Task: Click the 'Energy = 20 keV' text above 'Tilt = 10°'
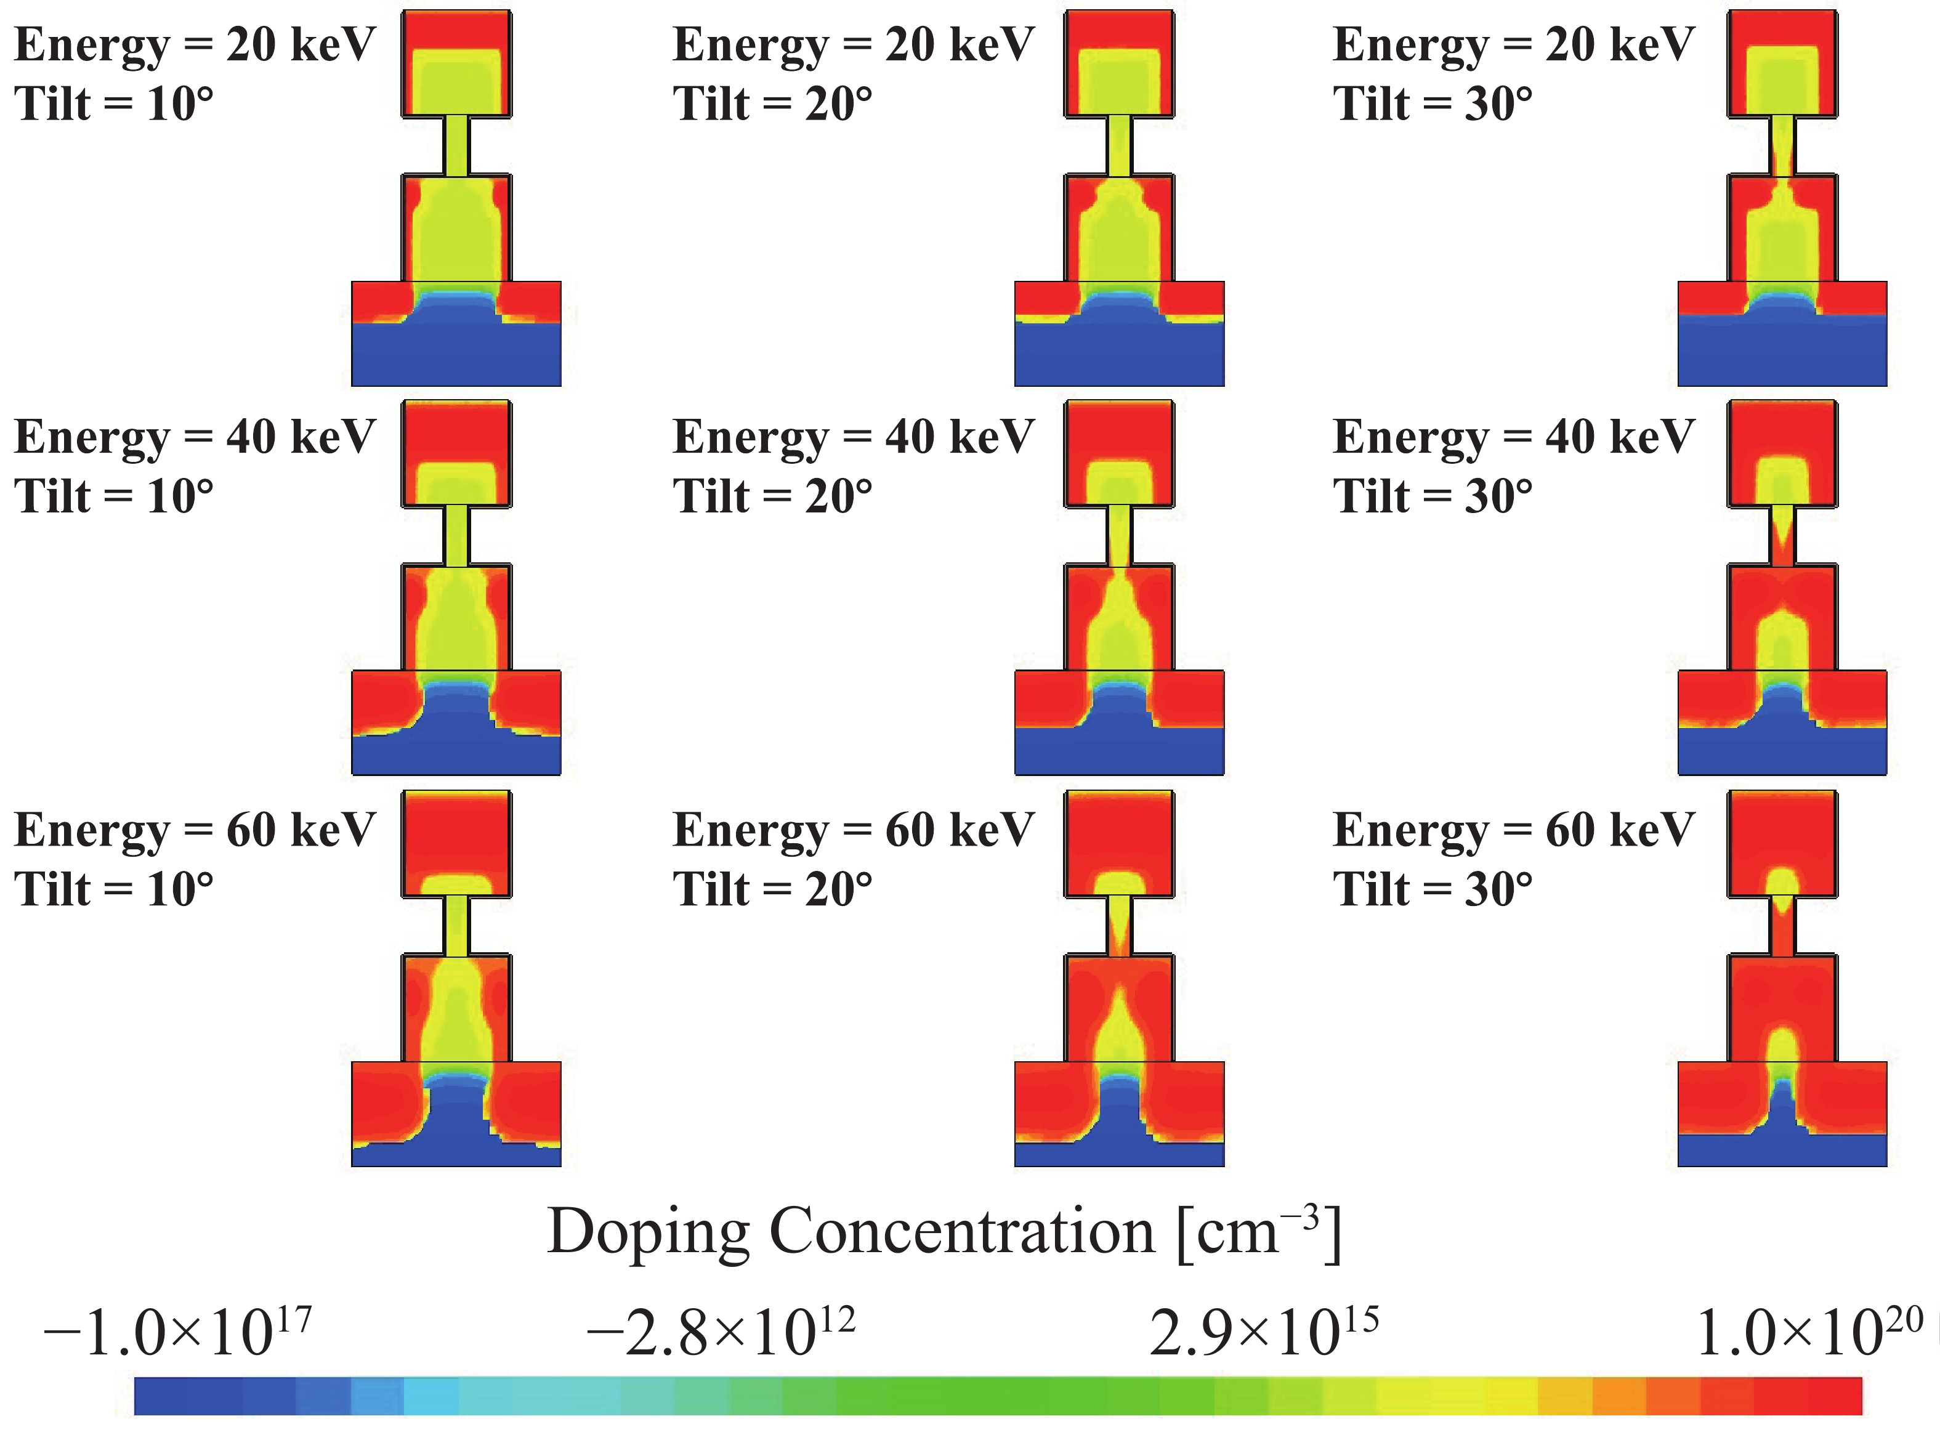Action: click(195, 45)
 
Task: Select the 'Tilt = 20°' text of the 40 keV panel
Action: click(772, 496)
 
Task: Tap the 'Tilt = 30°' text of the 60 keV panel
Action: click(1432, 889)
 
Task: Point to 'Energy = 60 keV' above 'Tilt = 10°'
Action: click(195, 830)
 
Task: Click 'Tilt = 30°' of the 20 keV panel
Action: click(1432, 104)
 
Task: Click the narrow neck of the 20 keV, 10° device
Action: click(456, 145)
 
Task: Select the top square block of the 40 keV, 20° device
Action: click(1119, 453)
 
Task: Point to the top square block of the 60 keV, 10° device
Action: click(456, 843)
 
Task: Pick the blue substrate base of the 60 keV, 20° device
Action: click(1119, 1153)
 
